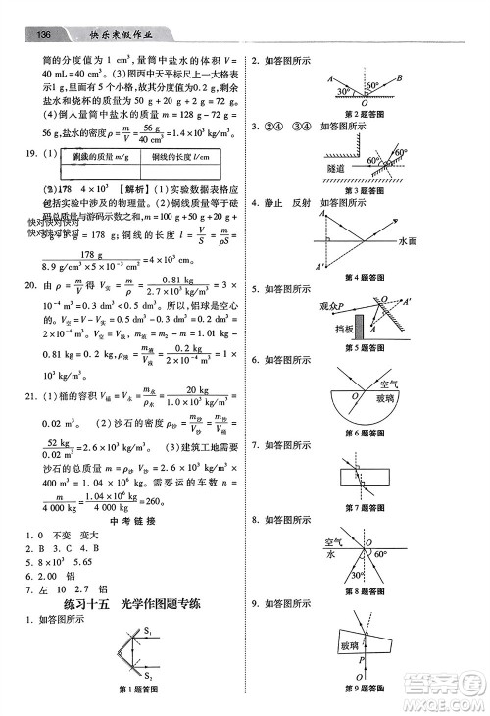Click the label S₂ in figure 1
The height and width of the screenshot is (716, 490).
tap(150, 677)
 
